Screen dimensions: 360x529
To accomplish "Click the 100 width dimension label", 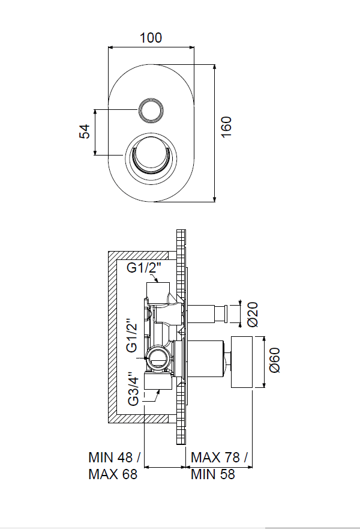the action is (x=151, y=37).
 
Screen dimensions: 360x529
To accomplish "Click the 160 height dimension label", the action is (x=227, y=127).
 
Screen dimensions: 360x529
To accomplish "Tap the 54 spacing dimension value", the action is (x=85, y=131).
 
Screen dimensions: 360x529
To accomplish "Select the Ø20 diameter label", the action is (x=253, y=314).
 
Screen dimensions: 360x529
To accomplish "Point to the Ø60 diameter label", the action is (x=275, y=360).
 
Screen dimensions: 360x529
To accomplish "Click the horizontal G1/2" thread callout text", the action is (x=144, y=268).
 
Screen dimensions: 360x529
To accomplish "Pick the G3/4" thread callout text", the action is (x=133, y=388).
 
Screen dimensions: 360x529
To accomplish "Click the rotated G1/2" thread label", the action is (x=132, y=335).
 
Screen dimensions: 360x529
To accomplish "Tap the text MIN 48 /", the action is (x=114, y=458).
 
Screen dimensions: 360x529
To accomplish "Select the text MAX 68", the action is (x=113, y=474).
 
